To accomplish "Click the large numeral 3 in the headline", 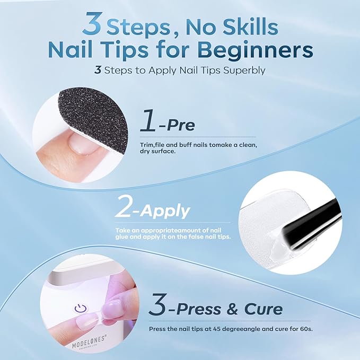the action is click(92, 24).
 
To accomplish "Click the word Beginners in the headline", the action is click(255, 50).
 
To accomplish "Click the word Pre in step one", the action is click(180, 125).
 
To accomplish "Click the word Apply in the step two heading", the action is click(165, 211).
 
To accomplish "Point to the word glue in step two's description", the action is click(122, 237).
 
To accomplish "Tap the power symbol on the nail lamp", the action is click(81, 309).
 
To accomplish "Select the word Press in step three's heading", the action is click(199, 309).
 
